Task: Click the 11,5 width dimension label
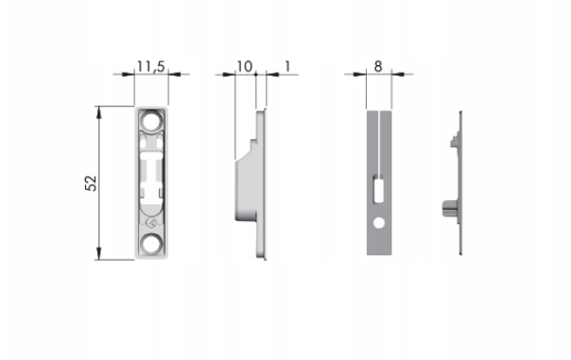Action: [x=151, y=66]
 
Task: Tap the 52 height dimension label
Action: [x=91, y=183]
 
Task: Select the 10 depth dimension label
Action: [x=244, y=66]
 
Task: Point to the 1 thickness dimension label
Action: [x=287, y=66]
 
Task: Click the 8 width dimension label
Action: [x=378, y=66]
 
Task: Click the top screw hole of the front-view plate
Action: [x=151, y=121]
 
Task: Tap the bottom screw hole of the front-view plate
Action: [x=151, y=244]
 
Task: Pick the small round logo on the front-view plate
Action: [x=151, y=223]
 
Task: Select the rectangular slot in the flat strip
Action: [x=379, y=189]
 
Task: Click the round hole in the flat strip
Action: [x=379, y=223]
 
